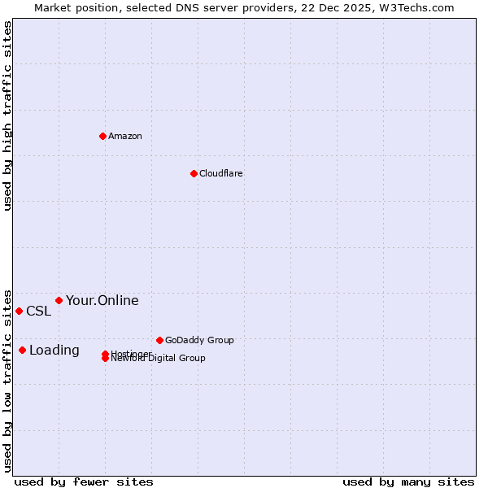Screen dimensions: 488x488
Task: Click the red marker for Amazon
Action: tap(102, 136)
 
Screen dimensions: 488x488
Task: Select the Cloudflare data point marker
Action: tap(194, 173)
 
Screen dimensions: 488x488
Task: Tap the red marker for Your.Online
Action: tap(59, 300)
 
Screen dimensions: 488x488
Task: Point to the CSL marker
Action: tap(19, 311)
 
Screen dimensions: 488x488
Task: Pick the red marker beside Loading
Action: tap(22, 350)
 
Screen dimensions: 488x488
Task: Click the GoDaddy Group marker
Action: tap(159, 340)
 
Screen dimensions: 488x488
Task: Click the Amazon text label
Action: tap(125, 136)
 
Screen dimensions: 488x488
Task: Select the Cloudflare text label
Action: tap(220, 173)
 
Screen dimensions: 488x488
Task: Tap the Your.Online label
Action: tap(102, 301)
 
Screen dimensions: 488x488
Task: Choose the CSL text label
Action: tap(38, 312)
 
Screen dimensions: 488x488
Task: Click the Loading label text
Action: tap(54, 351)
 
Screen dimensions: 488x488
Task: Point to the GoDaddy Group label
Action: tap(199, 340)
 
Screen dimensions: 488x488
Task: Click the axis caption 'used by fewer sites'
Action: tap(84, 481)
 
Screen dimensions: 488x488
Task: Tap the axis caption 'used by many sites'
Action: tap(408, 481)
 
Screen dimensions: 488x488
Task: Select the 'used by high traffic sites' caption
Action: tap(7, 115)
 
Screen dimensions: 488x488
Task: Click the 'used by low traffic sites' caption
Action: tap(7, 380)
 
